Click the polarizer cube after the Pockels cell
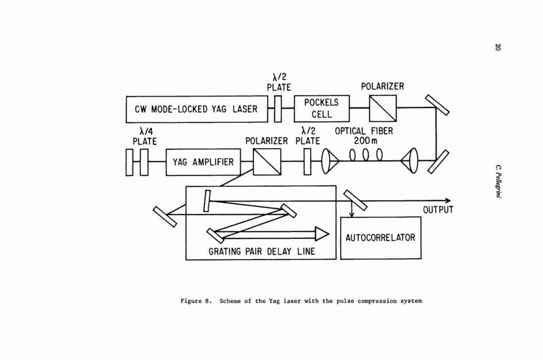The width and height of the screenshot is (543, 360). click(x=383, y=109)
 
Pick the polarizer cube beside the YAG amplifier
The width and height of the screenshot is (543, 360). click(x=267, y=162)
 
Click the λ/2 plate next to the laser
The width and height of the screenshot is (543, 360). click(x=278, y=109)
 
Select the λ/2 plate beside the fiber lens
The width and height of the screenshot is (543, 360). click(x=307, y=162)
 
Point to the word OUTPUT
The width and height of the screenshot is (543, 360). click(x=438, y=210)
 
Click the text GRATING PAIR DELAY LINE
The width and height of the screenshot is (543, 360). click(x=262, y=251)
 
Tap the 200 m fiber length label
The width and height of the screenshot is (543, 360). click(x=366, y=141)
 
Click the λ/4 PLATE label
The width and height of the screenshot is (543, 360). click(x=145, y=137)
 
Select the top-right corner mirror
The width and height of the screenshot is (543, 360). click(x=437, y=105)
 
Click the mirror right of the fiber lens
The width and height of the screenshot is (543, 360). click(x=438, y=162)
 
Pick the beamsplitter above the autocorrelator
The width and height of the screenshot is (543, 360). click(x=355, y=200)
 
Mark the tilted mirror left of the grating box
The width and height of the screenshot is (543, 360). click(x=165, y=217)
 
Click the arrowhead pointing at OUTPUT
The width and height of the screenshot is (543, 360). click(x=448, y=200)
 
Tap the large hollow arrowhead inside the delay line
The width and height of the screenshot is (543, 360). click(x=322, y=234)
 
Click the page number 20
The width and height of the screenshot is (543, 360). click(x=498, y=47)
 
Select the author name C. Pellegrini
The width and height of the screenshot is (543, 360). click(x=498, y=181)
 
